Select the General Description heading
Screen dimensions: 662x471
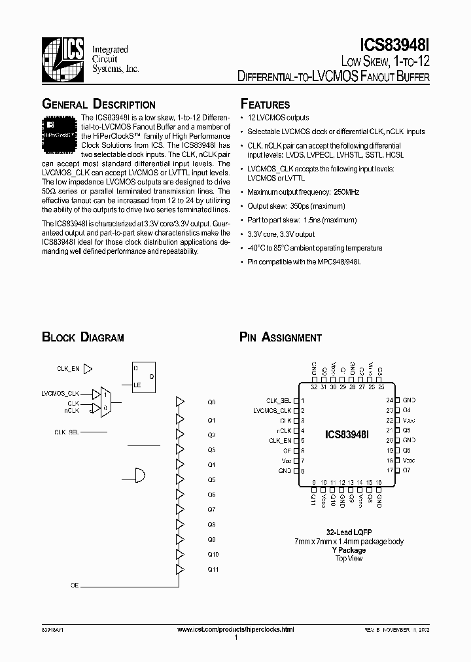tap(99, 105)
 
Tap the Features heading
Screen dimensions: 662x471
tap(265, 105)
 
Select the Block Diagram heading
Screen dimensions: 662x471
tap(83, 338)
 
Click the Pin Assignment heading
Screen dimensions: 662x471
tap(281, 338)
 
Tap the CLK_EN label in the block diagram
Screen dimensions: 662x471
tap(68, 369)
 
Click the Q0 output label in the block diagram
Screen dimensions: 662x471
tap(211, 402)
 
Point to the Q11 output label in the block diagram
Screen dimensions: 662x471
tap(213, 570)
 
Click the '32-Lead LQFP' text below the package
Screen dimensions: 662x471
tap(349, 532)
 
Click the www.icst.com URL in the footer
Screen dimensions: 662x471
tap(235, 629)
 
